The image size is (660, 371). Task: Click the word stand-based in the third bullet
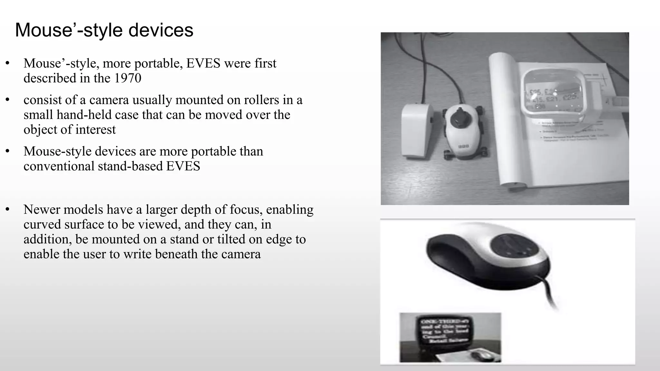click(x=131, y=166)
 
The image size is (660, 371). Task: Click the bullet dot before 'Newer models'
click(x=7, y=210)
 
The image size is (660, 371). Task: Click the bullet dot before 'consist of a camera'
click(x=7, y=100)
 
